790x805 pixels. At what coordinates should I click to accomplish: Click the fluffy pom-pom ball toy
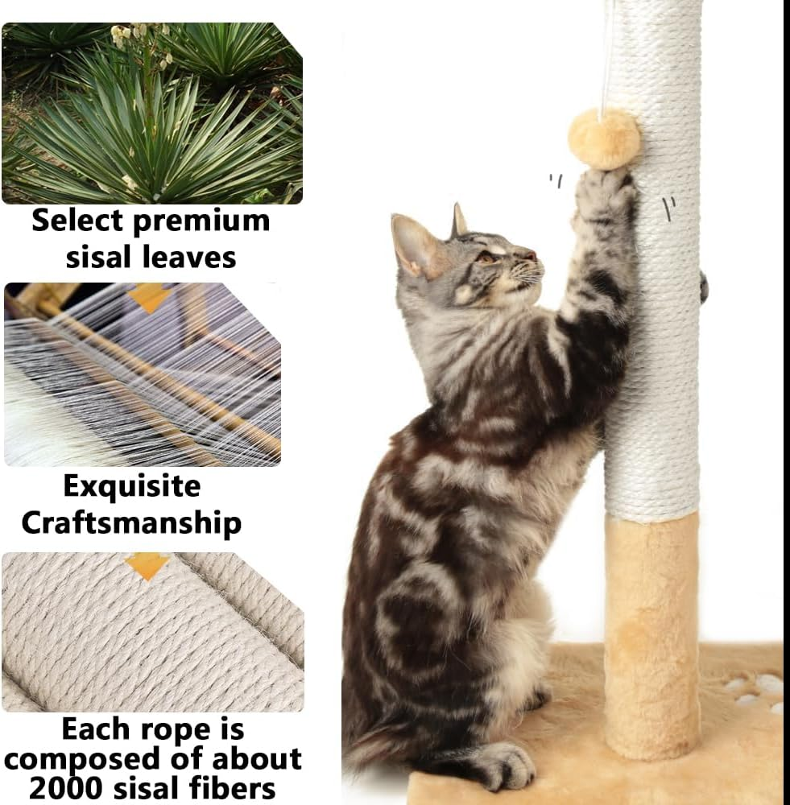pos(604,139)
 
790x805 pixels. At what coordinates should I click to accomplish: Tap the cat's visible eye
pos(488,258)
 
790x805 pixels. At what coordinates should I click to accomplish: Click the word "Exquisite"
pos(131,486)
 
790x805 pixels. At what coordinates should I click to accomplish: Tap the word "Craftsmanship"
pos(131,522)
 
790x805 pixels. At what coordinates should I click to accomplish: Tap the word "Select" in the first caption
pos(77,220)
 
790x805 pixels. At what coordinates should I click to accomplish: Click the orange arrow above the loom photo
pos(148,295)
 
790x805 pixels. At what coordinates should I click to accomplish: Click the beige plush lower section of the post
pos(651,636)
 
